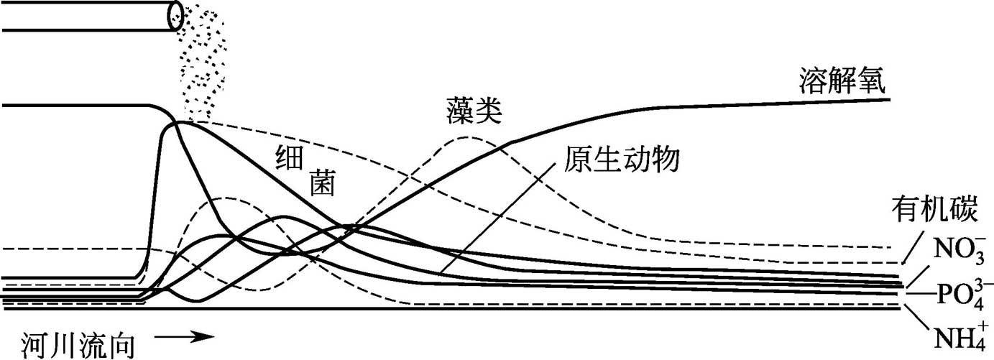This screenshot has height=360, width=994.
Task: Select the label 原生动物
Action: pyautogui.click(x=622, y=158)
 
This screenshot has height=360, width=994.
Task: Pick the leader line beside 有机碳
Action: pyautogui.click(x=911, y=247)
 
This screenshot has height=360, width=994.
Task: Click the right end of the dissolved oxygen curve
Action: pyautogui.click(x=888, y=99)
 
